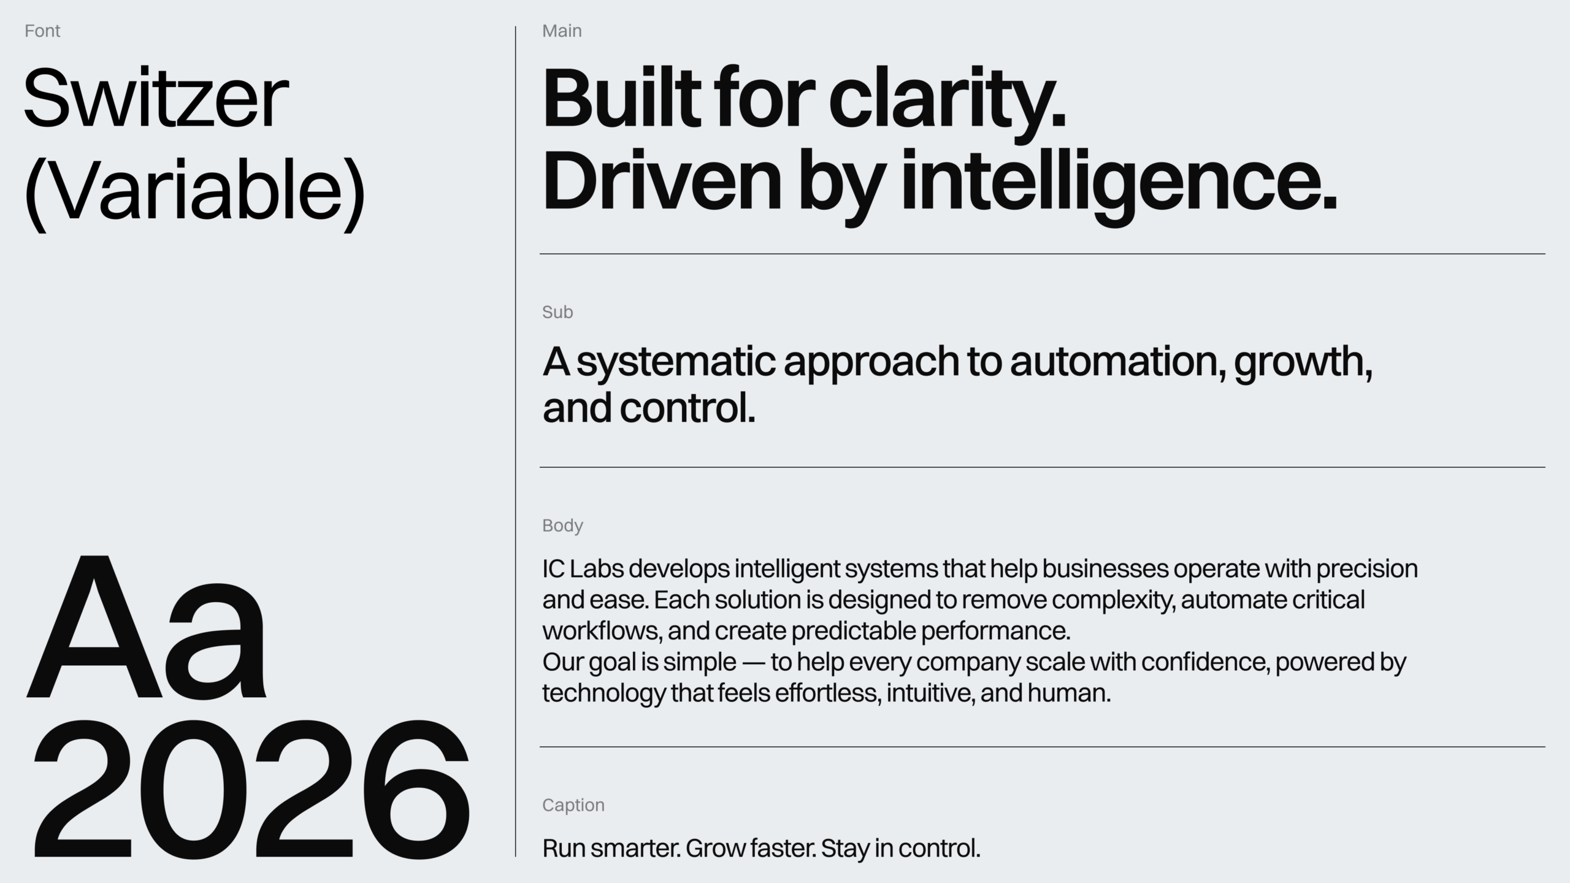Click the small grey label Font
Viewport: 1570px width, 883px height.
tap(42, 31)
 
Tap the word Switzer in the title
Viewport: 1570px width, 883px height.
tap(156, 98)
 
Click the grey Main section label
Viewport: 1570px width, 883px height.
tap(562, 31)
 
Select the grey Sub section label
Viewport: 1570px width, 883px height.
tap(557, 312)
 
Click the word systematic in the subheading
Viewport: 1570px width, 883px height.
tap(677, 363)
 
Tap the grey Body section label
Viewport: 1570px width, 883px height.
tap(562, 526)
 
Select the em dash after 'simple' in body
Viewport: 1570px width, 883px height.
tap(754, 663)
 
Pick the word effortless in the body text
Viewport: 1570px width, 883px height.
tap(828, 693)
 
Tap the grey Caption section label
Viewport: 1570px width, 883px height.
tap(573, 805)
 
